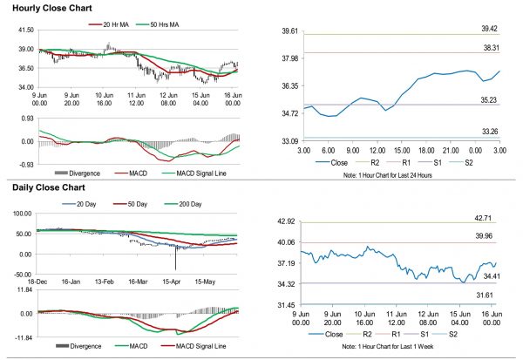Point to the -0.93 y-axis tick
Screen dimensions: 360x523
point(25,164)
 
